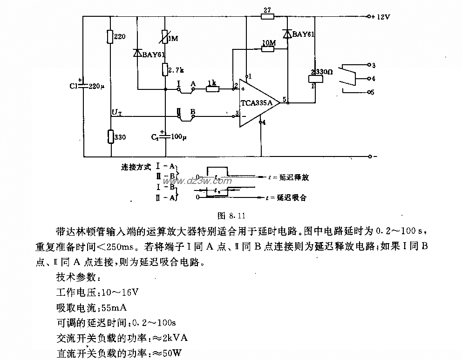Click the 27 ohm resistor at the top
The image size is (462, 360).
pos(267,16)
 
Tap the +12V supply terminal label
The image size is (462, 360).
pos(380,16)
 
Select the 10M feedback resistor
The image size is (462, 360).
pos(268,49)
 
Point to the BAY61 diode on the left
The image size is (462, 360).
pos(138,54)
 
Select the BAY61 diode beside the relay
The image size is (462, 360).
pos(287,34)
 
